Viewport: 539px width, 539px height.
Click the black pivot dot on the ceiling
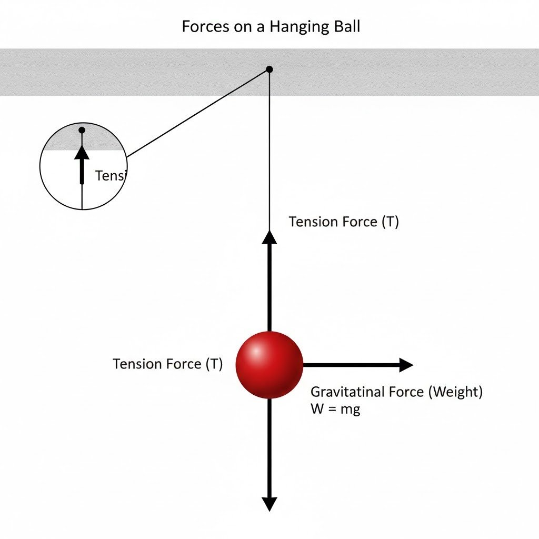(x=269, y=69)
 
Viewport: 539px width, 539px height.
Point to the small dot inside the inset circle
(x=82, y=130)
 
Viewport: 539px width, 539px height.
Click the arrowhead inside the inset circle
(x=82, y=153)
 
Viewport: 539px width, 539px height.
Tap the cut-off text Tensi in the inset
(x=109, y=176)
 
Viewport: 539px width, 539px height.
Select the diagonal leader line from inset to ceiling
(x=197, y=113)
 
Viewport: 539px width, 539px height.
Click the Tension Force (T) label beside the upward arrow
(x=344, y=222)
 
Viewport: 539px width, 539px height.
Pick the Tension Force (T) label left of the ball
(x=168, y=364)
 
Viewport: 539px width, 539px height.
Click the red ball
(x=269, y=365)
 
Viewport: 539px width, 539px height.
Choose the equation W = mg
(x=335, y=409)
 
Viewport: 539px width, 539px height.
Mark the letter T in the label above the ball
(x=390, y=222)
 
